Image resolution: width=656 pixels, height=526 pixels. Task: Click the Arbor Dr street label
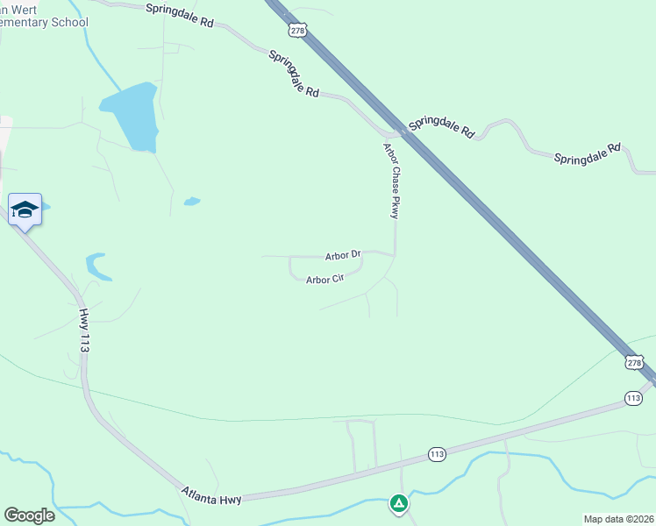click(x=343, y=256)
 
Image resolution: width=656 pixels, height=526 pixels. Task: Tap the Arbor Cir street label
click(x=324, y=280)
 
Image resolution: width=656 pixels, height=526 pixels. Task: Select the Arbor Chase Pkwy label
click(x=391, y=181)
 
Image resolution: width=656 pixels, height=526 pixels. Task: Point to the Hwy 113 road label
click(x=84, y=331)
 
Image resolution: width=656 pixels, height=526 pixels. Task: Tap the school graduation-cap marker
click(x=25, y=210)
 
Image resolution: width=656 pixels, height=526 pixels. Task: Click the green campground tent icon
click(x=398, y=503)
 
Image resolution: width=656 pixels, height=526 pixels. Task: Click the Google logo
click(x=29, y=515)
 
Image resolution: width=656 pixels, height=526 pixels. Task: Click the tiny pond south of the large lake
click(x=191, y=202)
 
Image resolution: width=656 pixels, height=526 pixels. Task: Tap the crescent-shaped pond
click(x=96, y=267)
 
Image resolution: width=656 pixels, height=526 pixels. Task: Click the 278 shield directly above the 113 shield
click(x=634, y=361)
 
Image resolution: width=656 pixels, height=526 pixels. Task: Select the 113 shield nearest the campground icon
click(x=437, y=454)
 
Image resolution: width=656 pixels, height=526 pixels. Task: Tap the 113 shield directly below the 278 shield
click(x=634, y=398)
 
